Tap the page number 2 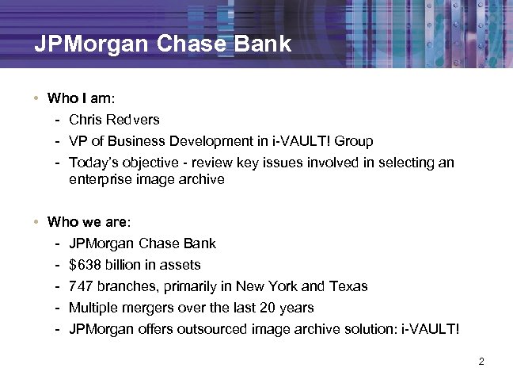481,362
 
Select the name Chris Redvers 114,120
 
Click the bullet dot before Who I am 37,99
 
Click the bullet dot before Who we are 37,222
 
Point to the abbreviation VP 78,141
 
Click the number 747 81,285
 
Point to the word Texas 349,285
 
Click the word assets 182,264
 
